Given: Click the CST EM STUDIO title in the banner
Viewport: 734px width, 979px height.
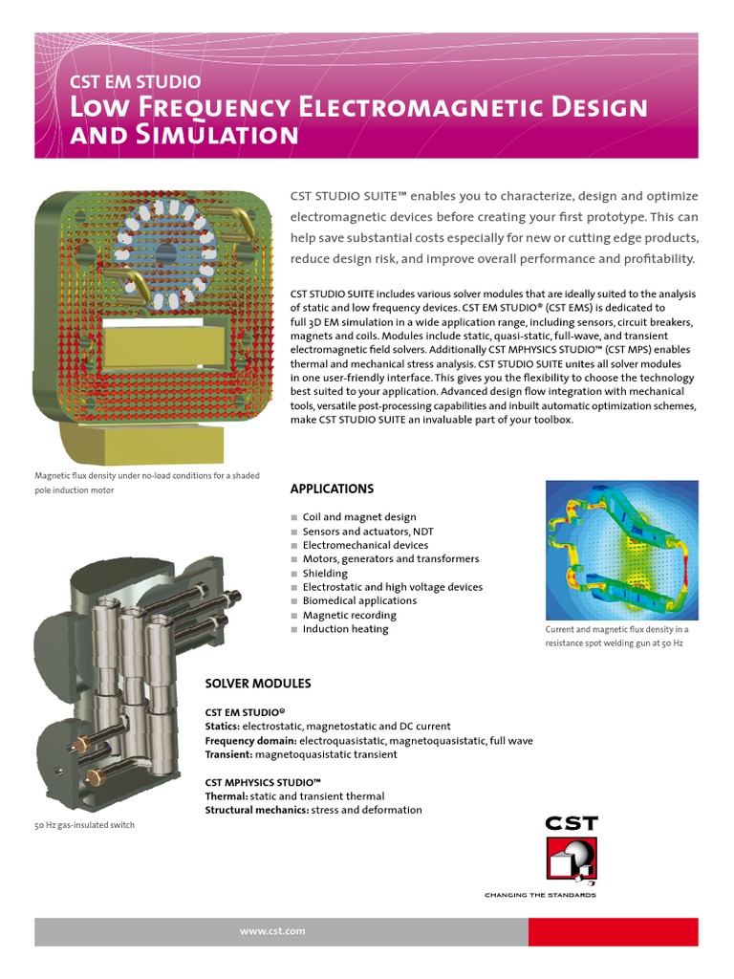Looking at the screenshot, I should [x=136, y=82].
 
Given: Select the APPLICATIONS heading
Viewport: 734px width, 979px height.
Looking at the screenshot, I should [x=332, y=489].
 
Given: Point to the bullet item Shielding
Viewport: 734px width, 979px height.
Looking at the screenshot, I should [x=324, y=573].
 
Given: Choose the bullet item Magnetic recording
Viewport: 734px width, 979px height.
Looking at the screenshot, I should [x=345, y=615].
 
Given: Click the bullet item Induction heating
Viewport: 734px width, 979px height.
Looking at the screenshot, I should [x=345, y=629].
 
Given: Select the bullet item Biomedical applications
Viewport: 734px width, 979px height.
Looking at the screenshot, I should [x=359, y=600].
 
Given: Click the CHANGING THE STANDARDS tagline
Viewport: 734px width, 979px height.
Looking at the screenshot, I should [x=540, y=895].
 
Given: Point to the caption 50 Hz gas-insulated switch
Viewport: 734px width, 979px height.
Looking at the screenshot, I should [x=84, y=825].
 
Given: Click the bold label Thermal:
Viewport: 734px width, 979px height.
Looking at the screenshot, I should [x=227, y=795].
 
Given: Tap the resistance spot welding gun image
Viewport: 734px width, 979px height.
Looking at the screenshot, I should [x=621, y=550].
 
